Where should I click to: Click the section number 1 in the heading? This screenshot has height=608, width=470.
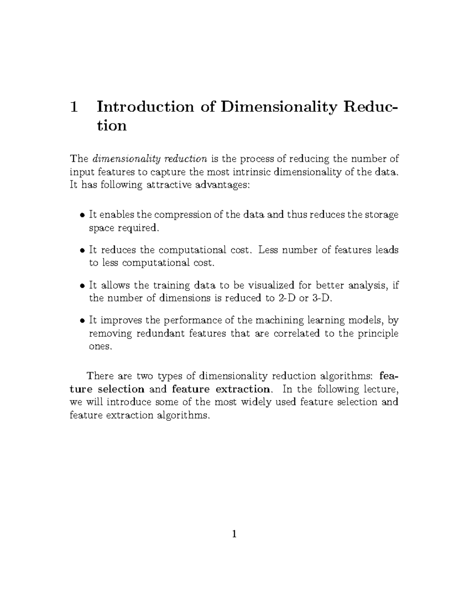pos(73,107)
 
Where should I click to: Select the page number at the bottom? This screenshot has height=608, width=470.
pos(234,534)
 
